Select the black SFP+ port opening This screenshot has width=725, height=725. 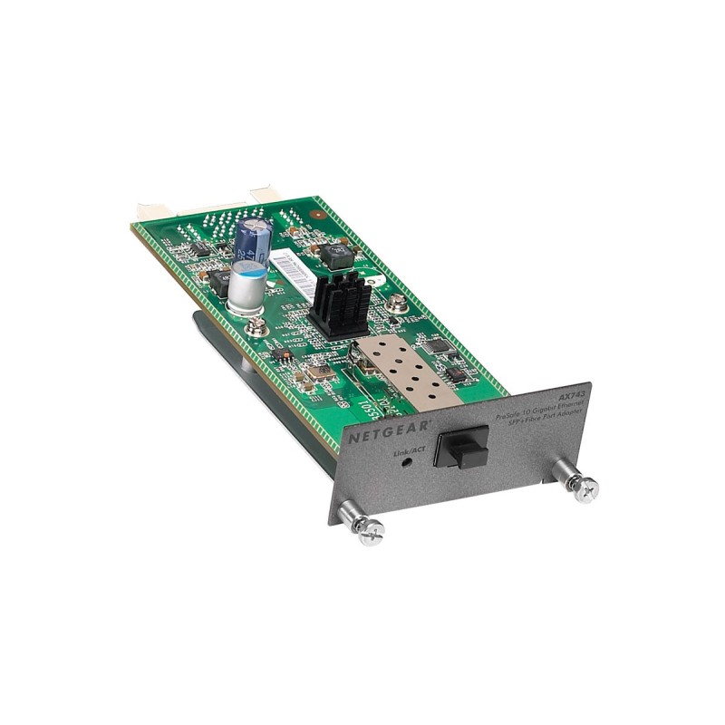pos(461,446)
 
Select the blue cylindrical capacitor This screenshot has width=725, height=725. pos(252,240)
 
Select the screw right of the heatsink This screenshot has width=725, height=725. pos(396,304)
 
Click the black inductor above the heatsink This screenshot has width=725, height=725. pos(338,256)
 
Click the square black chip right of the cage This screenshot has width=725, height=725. pos(438,345)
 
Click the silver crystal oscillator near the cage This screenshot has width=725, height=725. pos(316,370)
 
